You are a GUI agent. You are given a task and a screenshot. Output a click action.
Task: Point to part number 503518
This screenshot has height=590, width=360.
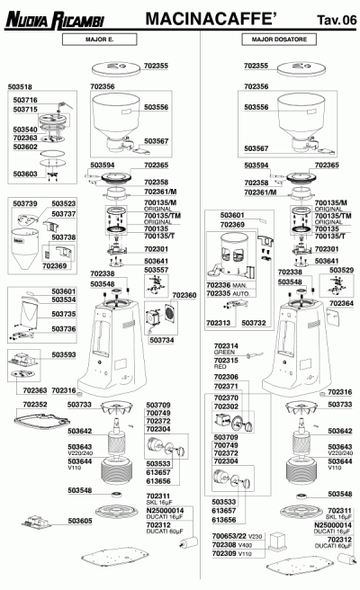21,87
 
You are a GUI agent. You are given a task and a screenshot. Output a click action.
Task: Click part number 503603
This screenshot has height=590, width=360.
25,174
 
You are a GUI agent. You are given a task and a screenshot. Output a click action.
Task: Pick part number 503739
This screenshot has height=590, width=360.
25,204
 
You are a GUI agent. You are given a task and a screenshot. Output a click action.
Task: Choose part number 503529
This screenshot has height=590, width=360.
341,270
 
